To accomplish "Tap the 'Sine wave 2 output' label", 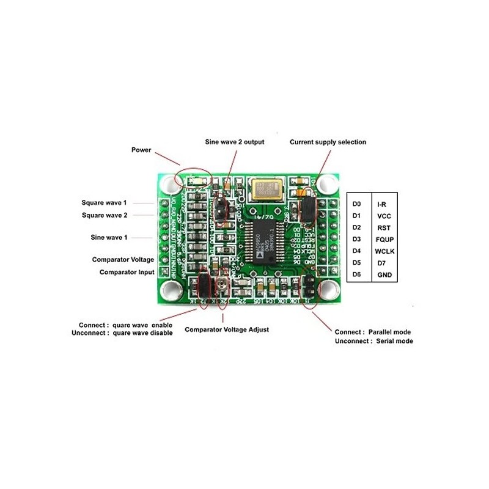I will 235,142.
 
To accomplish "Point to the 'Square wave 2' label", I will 105,215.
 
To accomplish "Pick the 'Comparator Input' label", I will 127,272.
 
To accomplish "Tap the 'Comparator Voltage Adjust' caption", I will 227,329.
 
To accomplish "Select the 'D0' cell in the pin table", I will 358,204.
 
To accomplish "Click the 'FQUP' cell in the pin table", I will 384,239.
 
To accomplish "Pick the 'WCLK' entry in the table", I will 384,251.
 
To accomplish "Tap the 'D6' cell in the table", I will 358,275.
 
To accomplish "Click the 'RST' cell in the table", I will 384,227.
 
